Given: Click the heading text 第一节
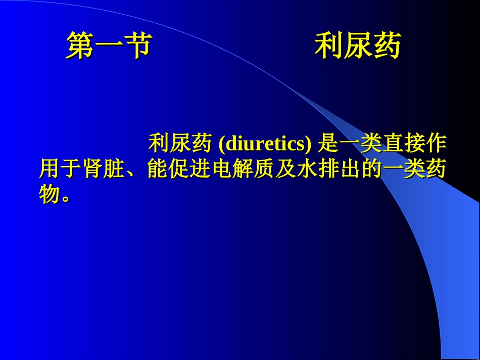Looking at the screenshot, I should coord(109,46).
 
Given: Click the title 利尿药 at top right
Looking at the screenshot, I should coord(358,46).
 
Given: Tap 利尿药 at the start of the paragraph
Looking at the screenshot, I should coord(179,144).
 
